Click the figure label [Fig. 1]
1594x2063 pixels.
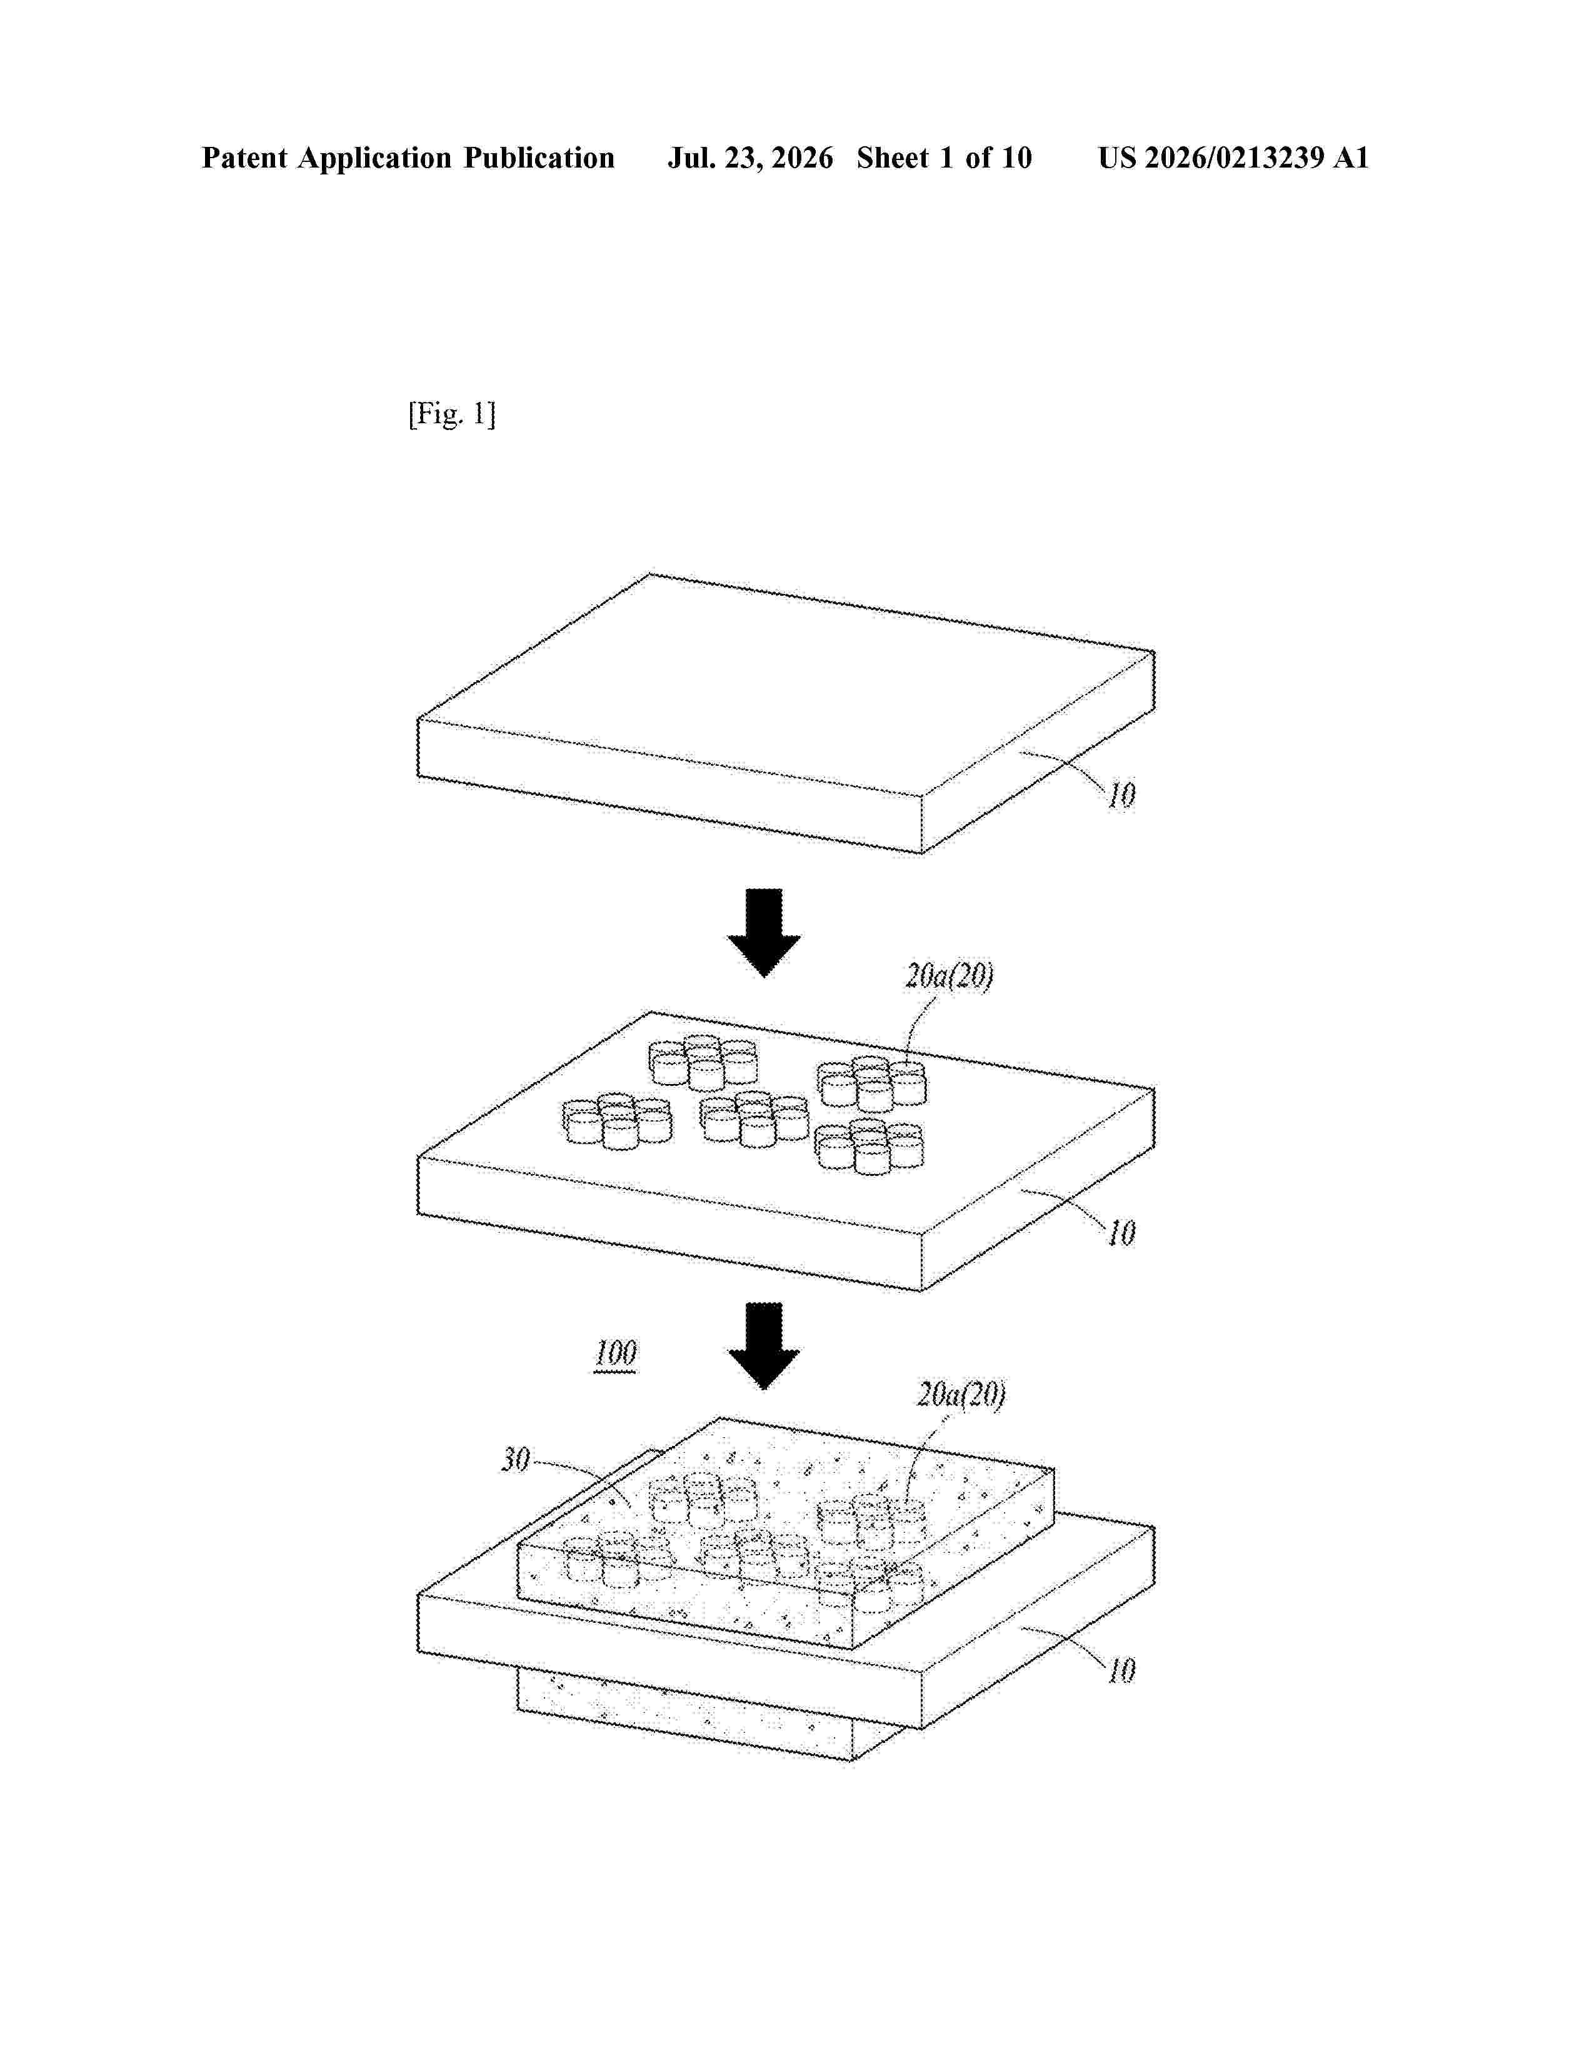pos(451,414)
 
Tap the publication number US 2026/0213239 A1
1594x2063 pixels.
pos(1233,158)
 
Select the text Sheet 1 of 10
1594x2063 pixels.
pos(945,158)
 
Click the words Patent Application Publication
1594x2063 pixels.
pos(408,158)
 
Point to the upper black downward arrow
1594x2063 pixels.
pos(764,932)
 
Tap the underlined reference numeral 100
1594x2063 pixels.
pos(616,1353)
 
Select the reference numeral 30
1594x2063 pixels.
pos(516,1459)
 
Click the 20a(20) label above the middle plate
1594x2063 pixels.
pos(949,976)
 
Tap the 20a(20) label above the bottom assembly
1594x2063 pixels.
pos(961,1394)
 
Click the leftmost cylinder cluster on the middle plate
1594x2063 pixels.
pos(616,1122)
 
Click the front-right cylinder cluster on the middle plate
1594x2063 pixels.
pos(870,1147)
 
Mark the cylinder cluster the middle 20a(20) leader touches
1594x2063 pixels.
pos(871,1083)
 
